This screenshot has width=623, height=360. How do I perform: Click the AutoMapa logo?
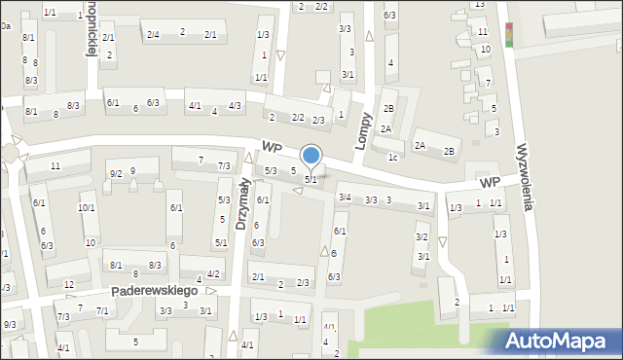pos(552,340)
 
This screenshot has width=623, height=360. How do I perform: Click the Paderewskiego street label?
pos(155,291)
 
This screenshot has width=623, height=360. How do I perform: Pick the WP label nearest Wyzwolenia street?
pos(489,183)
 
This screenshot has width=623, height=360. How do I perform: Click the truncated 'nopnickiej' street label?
pos(91,29)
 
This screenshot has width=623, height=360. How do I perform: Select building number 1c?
pos(392,157)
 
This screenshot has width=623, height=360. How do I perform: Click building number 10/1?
pos(86,207)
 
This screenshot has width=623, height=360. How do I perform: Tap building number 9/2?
pos(116,173)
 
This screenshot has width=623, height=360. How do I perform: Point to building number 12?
pos(68,284)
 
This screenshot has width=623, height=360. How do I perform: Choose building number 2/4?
pos(153,34)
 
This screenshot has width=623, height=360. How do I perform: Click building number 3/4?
pos(344,198)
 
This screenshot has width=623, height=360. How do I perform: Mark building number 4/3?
pos(235,105)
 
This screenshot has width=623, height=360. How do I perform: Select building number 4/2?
pos(213,274)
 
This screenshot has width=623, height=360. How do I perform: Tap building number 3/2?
pos(421,237)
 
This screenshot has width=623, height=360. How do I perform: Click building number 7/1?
pos(101,310)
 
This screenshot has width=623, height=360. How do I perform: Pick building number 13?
pos(479,5)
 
